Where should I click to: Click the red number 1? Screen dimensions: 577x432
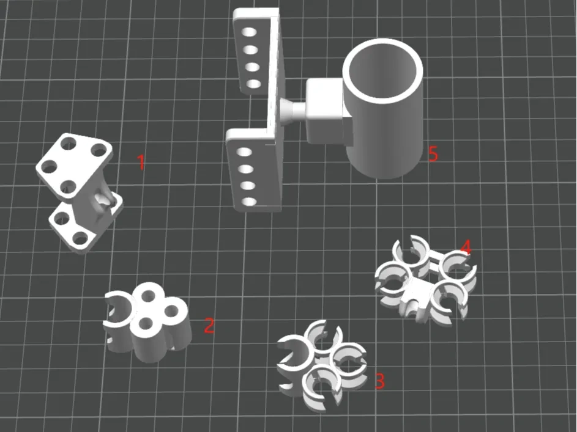(x=141, y=162)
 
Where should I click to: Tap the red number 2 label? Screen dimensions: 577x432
(x=209, y=326)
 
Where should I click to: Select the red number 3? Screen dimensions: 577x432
(x=380, y=381)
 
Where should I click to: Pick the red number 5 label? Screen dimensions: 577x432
(x=433, y=153)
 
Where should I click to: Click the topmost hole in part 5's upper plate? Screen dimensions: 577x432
(x=249, y=32)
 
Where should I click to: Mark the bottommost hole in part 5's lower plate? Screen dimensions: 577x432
(x=249, y=201)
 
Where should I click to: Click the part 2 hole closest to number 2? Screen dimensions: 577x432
(x=171, y=312)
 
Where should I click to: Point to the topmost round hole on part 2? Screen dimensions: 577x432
(x=148, y=295)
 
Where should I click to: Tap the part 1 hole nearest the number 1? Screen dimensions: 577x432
(x=99, y=150)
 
